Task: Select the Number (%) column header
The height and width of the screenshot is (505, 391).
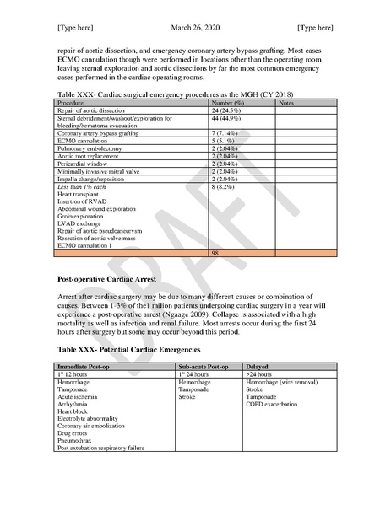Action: coord(228,102)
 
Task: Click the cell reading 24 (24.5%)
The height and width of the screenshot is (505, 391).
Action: coord(228,110)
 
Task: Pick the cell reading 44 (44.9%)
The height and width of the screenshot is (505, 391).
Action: coord(228,118)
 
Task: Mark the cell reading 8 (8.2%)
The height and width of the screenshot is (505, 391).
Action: coord(225,186)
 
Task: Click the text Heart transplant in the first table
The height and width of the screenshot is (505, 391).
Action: coord(80,194)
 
